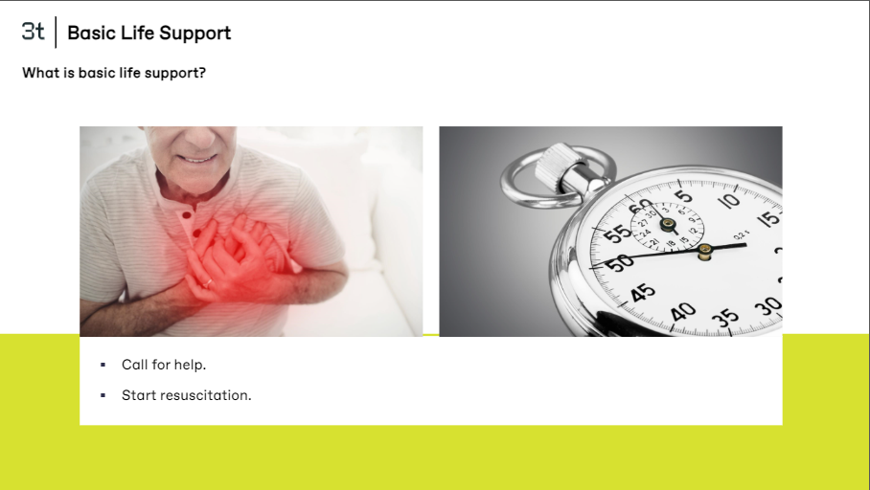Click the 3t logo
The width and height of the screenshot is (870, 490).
[x=33, y=32]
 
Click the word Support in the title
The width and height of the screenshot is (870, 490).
[x=195, y=33]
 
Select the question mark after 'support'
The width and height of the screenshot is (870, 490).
[x=202, y=73]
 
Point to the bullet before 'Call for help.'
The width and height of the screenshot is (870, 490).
[x=103, y=365]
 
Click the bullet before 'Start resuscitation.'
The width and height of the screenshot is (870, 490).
[x=103, y=395]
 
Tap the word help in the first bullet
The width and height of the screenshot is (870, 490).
[x=190, y=365]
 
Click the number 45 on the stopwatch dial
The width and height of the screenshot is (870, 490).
[x=643, y=292]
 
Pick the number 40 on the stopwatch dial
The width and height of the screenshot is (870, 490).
[x=683, y=312]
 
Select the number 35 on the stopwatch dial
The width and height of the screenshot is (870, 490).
[x=725, y=318]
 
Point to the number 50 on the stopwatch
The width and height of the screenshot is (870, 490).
[x=619, y=262]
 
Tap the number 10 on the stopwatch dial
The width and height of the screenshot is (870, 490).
[x=729, y=200]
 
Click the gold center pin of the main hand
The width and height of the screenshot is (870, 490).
[x=704, y=252]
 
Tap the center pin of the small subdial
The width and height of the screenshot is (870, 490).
[x=668, y=225]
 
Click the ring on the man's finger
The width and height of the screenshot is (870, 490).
[x=207, y=283]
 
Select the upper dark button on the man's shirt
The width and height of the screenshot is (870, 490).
[x=187, y=214]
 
